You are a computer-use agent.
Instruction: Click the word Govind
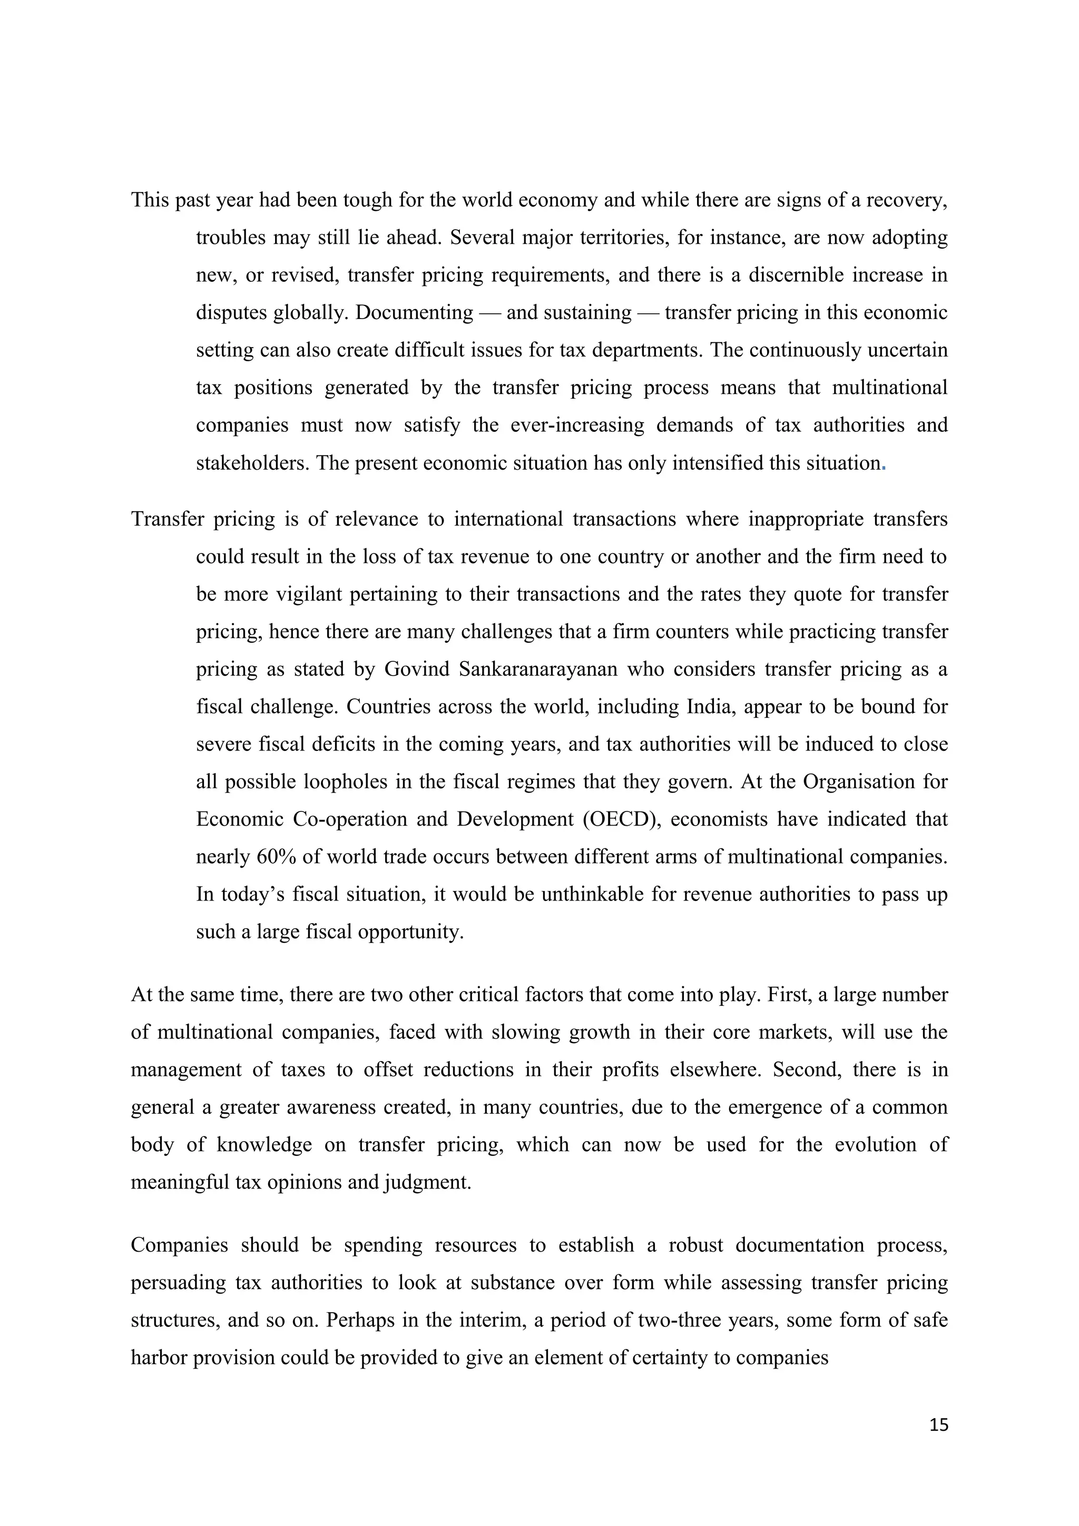(417, 669)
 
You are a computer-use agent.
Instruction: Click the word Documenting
(414, 312)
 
